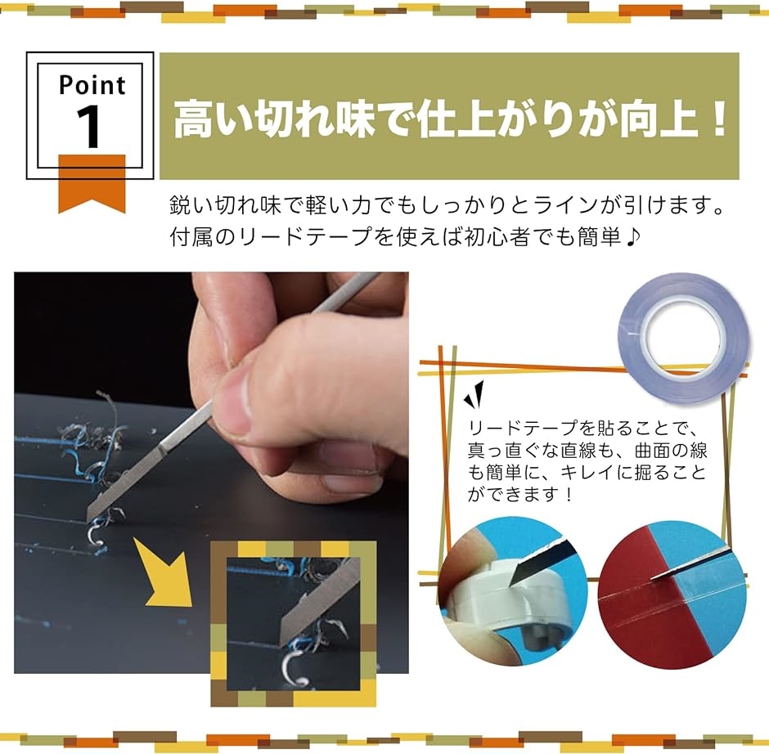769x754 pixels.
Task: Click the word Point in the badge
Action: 92,85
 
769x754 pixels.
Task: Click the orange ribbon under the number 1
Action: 91,182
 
